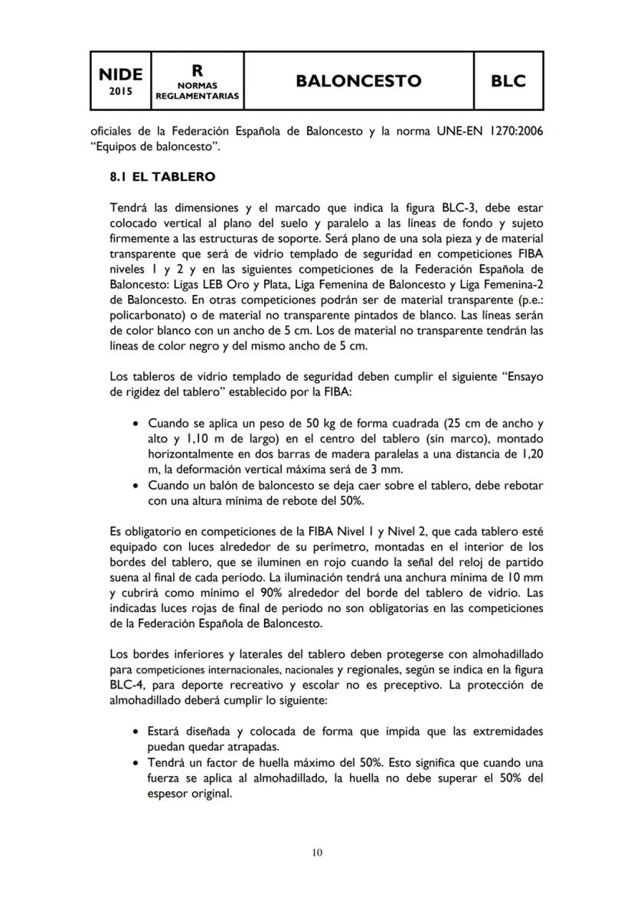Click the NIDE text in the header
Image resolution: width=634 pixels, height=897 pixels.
point(120,74)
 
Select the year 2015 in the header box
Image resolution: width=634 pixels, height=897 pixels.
point(120,91)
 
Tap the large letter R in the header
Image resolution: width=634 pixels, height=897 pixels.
point(198,70)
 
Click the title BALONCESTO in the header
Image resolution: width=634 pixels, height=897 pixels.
point(358,81)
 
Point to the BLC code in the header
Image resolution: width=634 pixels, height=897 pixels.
point(508,81)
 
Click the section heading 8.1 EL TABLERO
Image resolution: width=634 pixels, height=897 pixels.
point(162,176)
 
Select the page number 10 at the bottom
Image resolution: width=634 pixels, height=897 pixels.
point(317,852)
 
